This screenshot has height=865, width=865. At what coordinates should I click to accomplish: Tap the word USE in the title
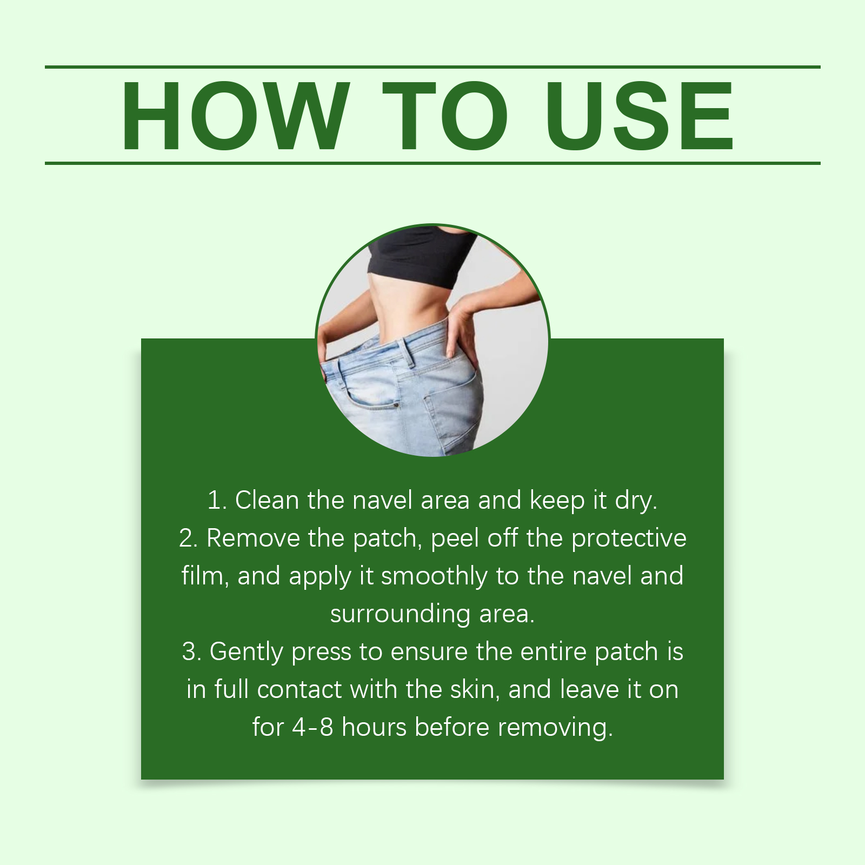click(x=640, y=115)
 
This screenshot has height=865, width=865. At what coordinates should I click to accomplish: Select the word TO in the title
click(x=445, y=115)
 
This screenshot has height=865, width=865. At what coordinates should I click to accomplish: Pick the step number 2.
click(x=189, y=538)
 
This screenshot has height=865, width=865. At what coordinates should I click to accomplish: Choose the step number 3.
click(x=191, y=651)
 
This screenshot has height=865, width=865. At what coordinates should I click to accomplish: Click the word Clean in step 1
click(x=267, y=500)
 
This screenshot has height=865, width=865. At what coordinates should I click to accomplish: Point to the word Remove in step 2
click(x=253, y=538)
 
